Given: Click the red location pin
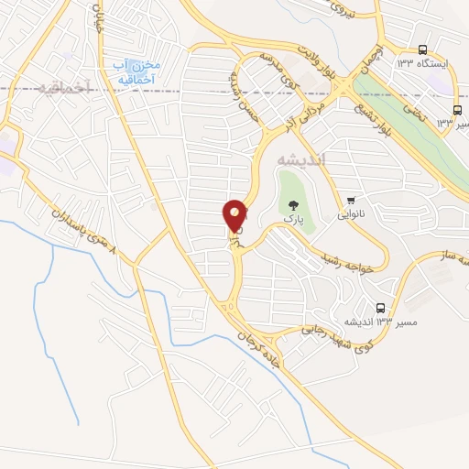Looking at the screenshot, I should coord(235,216).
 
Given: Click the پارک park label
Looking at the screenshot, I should coord(291,221).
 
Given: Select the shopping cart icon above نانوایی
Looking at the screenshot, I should coord(350,200).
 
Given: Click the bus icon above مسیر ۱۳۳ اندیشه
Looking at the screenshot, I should coord(381,308).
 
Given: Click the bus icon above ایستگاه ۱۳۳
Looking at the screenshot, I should coord(422,49).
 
